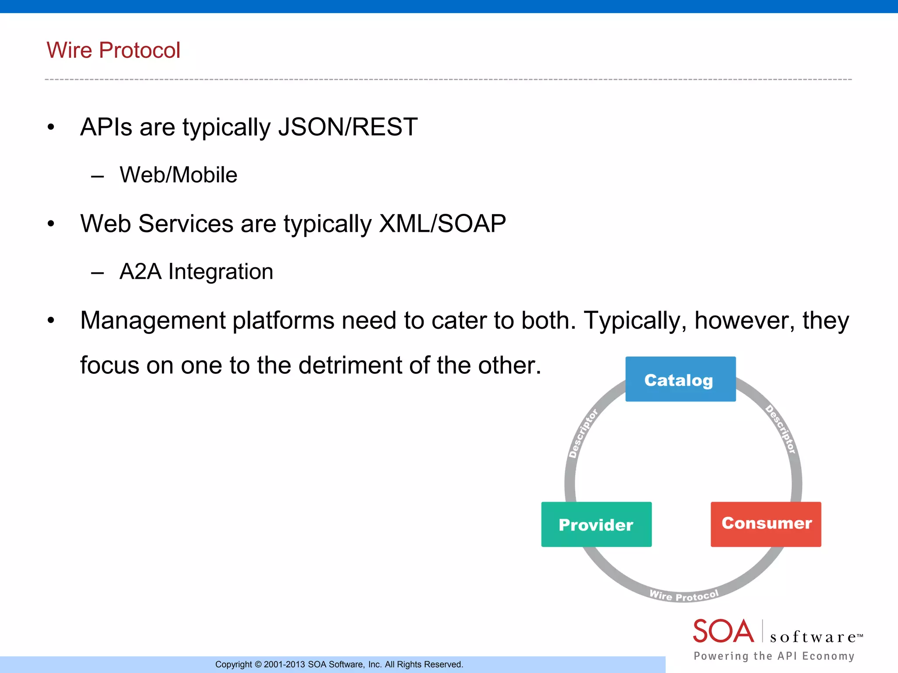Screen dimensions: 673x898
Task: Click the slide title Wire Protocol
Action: (x=113, y=50)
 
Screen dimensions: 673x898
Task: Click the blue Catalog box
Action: (x=680, y=379)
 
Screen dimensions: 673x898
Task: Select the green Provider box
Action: (x=596, y=524)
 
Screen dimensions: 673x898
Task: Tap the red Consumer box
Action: (x=766, y=524)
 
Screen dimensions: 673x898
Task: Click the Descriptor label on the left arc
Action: (x=583, y=433)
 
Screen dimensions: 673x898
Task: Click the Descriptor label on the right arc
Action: (x=780, y=429)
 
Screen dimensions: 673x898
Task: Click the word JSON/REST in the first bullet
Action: (x=347, y=127)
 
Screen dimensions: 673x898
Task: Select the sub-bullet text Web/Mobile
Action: (x=178, y=175)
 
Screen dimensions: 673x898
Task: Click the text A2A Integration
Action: (x=196, y=271)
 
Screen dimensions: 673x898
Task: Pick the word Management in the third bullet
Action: (x=153, y=320)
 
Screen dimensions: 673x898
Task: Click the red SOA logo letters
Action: (x=723, y=631)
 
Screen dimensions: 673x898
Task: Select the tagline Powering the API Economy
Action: (x=774, y=656)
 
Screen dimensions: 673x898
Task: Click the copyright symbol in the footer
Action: (x=258, y=665)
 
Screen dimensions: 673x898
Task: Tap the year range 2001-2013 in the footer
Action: (x=284, y=665)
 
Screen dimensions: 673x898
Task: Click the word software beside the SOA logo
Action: (x=813, y=637)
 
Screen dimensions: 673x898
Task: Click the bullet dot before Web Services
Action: (x=51, y=224)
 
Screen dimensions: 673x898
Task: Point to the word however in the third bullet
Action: (x=744, y=320)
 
